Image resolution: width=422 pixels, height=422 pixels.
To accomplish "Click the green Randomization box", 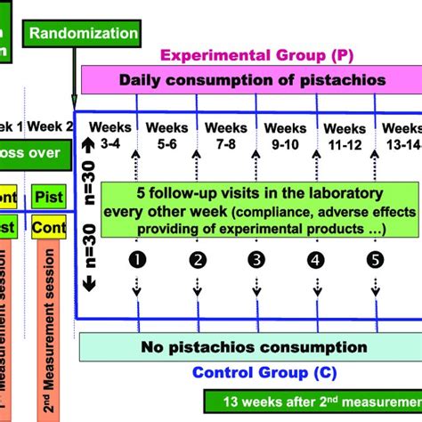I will pos(85,34).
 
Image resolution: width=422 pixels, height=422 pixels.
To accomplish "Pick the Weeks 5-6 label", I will pos(163,134).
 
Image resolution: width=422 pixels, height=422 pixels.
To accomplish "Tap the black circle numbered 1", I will pos(138,260).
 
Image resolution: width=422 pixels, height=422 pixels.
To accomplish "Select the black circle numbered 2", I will pos(197,260).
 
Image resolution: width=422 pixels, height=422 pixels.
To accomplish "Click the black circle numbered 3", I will pos(256,260).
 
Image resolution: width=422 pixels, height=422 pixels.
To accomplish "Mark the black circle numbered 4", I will pos(314,260).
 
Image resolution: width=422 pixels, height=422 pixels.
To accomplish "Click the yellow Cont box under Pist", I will pos(49,230).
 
